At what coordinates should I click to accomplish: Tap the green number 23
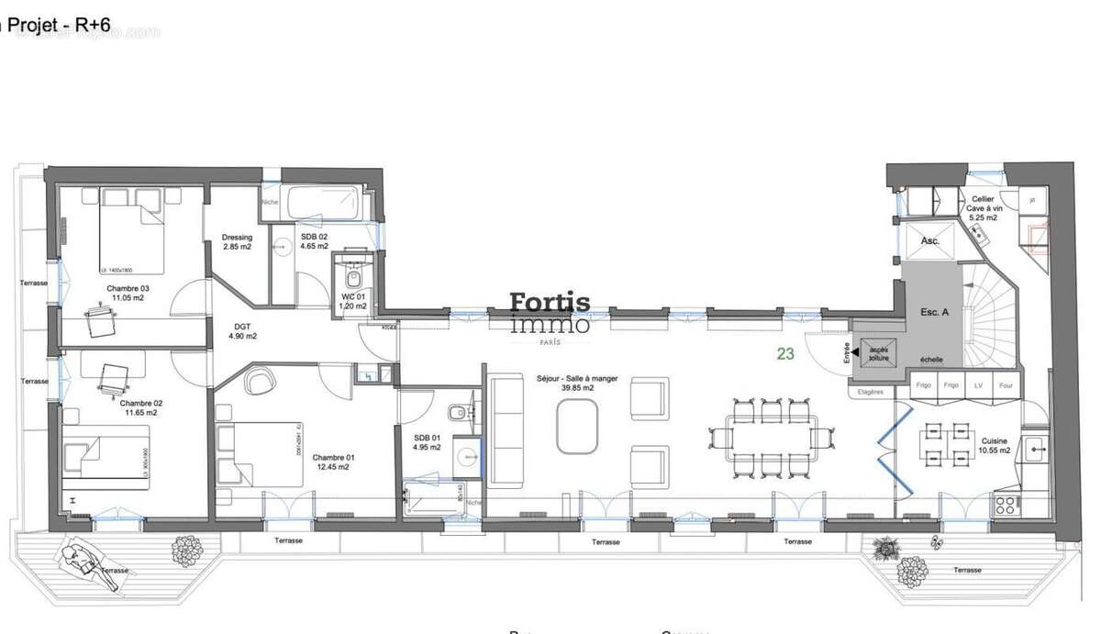[x=785, y=353]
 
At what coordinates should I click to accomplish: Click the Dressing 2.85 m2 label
[x=237, y=242]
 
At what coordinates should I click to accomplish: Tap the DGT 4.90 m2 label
[x=241, y=330]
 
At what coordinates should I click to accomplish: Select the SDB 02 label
[x=313, y=242]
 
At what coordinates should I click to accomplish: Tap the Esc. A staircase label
[x=934, y=312]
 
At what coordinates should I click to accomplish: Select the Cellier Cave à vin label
[x=983, y=204]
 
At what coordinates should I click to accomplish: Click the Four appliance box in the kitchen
[x=1006, y=386]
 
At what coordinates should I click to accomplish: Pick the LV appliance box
[x=978, y=386]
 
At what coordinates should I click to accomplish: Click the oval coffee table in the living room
[x=578, y=428]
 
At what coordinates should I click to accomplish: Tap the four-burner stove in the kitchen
[x=1006, y=504]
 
